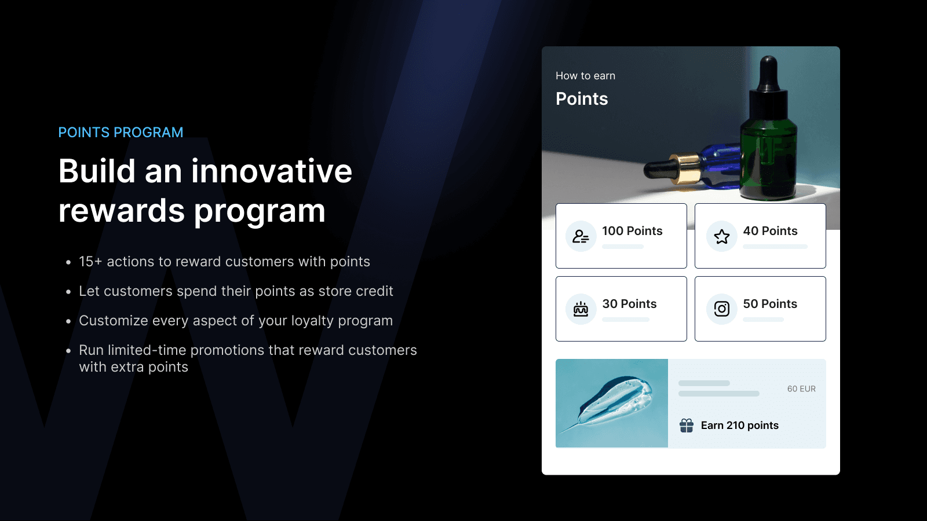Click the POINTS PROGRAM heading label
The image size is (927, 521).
point(121,133)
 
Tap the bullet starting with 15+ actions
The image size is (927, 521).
point(224,262)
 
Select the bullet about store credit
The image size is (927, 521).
point(236,291)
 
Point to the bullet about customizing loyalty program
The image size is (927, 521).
point(236,321)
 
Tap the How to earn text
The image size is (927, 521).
point(585,76)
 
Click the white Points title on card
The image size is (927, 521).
point(582,99)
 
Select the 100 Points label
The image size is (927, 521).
point(632,231)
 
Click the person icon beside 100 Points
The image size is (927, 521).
point(581,236)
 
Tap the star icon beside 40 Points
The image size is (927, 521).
point(722,236)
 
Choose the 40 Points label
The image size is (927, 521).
point(770,231)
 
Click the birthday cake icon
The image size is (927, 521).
point(581,309)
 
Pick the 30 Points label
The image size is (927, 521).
point(629,304)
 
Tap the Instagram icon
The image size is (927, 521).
point(722,309)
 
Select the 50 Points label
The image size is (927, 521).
point(770,304)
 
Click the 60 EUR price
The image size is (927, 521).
point(801,389)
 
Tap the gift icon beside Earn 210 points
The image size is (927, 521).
point(687,425)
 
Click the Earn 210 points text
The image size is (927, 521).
point(739,425)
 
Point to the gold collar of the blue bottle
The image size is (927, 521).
point(683,168)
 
